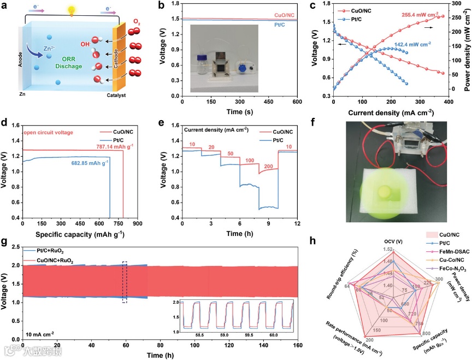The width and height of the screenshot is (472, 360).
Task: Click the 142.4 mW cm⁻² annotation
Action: click(x=401, y=43)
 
